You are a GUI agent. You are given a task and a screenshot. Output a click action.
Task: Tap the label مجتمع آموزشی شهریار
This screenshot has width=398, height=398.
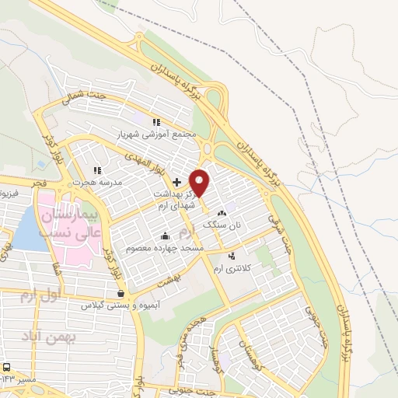[154, 134]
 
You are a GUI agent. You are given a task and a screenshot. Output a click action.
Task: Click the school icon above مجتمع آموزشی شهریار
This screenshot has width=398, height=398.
[155, 122]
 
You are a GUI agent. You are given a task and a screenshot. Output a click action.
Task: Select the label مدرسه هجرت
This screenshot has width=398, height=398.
[93, 183]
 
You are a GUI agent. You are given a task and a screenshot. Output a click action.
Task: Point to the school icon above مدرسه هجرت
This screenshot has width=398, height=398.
[96, 170]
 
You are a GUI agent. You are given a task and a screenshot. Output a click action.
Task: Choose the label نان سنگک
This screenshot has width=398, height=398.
[219, 224]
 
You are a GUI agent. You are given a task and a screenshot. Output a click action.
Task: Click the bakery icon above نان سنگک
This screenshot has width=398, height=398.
[222, 212]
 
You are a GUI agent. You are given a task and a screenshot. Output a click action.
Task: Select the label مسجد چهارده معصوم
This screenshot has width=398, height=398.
[170, 247]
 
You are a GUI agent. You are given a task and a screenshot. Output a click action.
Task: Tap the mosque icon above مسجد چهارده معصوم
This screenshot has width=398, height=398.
[165, 236]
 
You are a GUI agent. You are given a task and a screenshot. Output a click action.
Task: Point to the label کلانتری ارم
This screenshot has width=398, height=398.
[237, 266]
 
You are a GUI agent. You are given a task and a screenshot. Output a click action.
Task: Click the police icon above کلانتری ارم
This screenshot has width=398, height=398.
[232, 255]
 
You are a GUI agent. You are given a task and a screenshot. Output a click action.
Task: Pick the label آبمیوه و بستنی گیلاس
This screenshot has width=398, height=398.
[119, 305]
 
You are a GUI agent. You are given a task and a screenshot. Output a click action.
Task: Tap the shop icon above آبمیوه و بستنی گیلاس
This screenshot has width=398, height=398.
[120, 294]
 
